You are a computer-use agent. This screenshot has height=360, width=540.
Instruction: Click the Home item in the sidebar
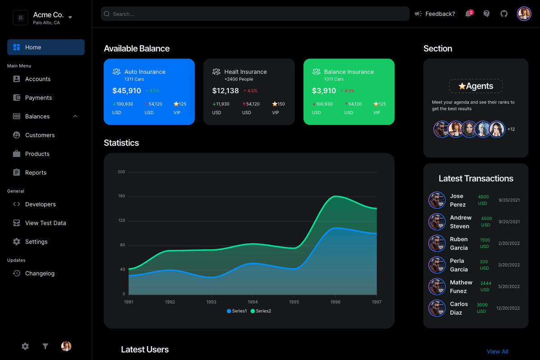pos(45,47)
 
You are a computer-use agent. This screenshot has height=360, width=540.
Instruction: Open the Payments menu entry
pos(38,98)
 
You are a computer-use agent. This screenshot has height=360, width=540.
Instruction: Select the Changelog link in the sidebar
pos(40,273)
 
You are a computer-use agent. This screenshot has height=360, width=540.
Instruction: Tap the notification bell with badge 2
pos(468,14)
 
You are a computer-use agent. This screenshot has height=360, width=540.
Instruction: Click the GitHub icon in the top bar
pos(504,14)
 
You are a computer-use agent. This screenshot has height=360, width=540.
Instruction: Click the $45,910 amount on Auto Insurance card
pos(126,91)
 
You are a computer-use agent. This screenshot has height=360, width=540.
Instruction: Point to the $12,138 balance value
pos(225,91)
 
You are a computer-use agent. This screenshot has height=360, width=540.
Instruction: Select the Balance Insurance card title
pos(349,72)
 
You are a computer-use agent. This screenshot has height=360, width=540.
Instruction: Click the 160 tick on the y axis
pos(121,196)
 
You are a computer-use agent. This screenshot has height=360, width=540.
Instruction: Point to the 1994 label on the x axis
pos(253,302)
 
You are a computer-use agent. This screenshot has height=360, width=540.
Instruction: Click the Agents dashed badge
pos(476,86)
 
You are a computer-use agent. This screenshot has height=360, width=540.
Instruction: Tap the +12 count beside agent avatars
pos(511,130)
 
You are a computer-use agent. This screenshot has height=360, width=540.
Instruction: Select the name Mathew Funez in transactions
pos(461,287)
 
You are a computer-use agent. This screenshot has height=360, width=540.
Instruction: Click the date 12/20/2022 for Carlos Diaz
pos(508,308)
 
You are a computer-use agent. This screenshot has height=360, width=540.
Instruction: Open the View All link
pos(497,351)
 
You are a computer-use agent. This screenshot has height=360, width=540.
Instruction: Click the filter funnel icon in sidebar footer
pos(45,346)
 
